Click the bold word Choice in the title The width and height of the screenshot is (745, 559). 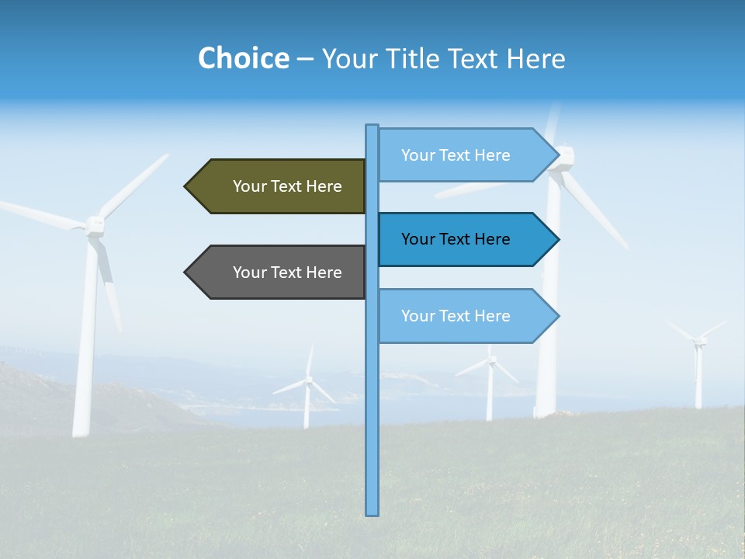tap(243, 58)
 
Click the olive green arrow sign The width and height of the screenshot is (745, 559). tap(279, 186)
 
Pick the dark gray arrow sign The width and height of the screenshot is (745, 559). tap(279, 272)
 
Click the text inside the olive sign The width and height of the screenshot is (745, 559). tap(287, 186)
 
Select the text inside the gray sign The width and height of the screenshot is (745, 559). tap(287, 273)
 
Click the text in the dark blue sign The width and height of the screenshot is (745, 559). tap(456, 239)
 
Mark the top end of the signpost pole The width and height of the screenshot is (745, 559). tap(372, 127)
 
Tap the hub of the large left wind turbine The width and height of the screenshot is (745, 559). tap(95, 225)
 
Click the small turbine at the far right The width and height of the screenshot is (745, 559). tap(698, 365)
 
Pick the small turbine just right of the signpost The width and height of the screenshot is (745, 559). tap(490, 380)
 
